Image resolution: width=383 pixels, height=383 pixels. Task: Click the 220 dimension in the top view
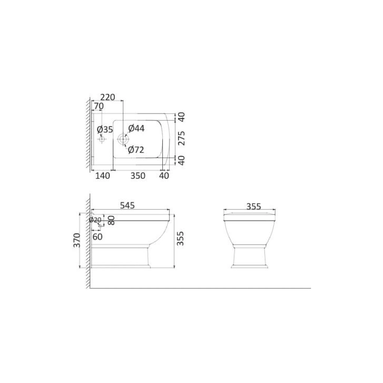pyautogui.click(x=108, y=97)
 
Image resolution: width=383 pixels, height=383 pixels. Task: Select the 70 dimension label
pyautogui.click(x=99, y=106)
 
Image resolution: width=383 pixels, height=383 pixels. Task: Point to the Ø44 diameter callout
pyautogui.click(x=136, y=128)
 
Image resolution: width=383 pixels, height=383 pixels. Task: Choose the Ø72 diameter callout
pyautogui.click(x=136, y=150)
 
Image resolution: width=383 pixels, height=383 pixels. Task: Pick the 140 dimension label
pyautogui.click(x=102, y=176)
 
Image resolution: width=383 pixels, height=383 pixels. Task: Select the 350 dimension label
pyautogui.click(x=138, y=176)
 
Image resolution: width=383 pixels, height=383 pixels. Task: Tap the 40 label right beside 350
pyautogui.click(x=164, y=176)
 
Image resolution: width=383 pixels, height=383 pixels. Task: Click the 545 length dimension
pyautogui.click(x=127, y=205)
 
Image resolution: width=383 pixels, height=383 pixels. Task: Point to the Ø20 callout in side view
pyautogui.click(x=96, y=220)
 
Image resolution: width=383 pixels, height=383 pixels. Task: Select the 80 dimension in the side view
pyautogui.click(x=111, y=220)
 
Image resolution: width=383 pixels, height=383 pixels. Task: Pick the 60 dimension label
pyautogui.click(x=98, y=236)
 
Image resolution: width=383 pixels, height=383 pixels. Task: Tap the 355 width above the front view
pyautogui.click(x=253, y=206)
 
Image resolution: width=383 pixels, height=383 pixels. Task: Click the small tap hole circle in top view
pyautogui.click(x=101, y=139)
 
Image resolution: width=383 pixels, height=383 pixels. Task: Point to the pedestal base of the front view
pyautogui.click(x=249, y=257)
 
